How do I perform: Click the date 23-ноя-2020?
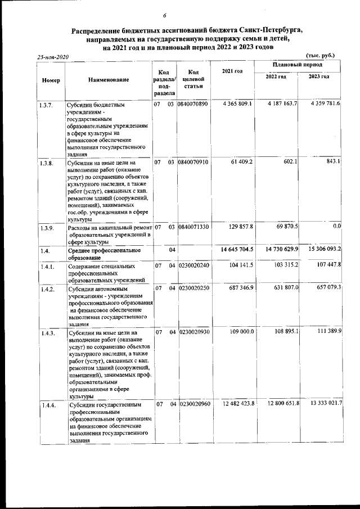tap(52, 57)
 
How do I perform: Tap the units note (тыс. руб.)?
tap(319, 55)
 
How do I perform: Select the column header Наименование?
tap(109, 80)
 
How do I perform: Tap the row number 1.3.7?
tap(46, 105)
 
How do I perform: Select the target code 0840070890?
tap(192, 104)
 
